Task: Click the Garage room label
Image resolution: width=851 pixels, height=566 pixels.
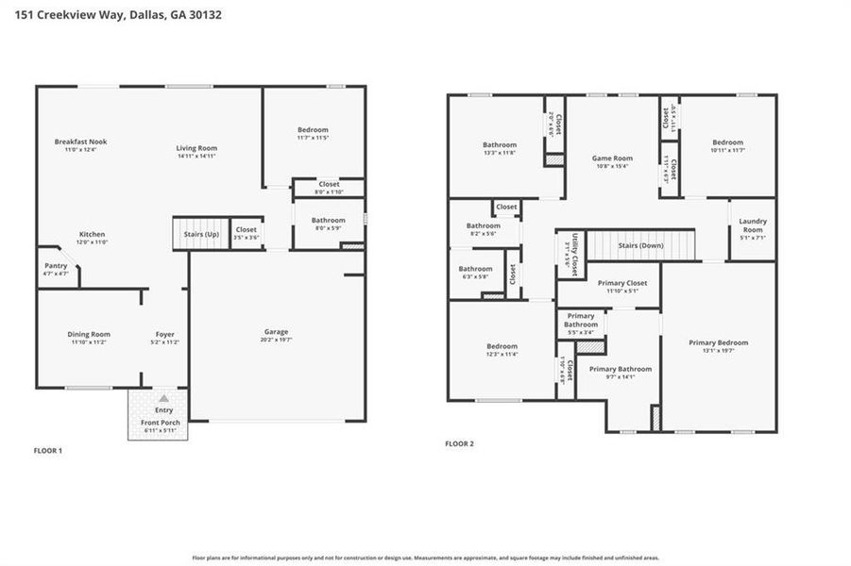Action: pyautogui.click(x=276, y=331)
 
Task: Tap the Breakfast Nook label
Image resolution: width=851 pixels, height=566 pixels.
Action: pyautogui.click(x=80, y=141)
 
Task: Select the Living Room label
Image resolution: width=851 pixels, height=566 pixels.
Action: pyautogui.click(x=196, y=148)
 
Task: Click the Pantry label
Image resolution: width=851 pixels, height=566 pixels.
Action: pyautogui.click(x=56, y=265)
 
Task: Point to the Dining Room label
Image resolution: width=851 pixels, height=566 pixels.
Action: pyautogui.click(x=89, y=334)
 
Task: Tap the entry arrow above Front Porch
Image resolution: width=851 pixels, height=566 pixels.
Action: pyautogui.click(x=163, y=399)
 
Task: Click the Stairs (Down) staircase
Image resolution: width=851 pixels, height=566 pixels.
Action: pyautogui.click(x=641, y=245)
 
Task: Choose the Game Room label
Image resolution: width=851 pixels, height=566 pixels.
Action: pyautogui.click(x=612, y=158)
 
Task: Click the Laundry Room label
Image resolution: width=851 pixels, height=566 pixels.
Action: pyautogui.click(x=753, y=225)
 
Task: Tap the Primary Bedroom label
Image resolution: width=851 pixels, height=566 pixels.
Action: pyautogui.click(x=718, y=342)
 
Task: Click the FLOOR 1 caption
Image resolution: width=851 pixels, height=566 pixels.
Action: pyautogui.click(x=47, y=451)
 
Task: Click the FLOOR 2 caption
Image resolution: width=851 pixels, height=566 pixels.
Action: pyautogui.click(x=459, y=443)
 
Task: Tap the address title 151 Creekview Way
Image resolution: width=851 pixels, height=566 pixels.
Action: pyautogui.click(x=114, y=16)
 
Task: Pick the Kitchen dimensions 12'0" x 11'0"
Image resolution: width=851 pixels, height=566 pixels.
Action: pyautogui.click(x=92, y=242)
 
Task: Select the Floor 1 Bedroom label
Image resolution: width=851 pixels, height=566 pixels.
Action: pyautogui.click(x=313, y=129)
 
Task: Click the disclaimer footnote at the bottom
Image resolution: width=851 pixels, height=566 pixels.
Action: pyautogui.click(x=425, y=558)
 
